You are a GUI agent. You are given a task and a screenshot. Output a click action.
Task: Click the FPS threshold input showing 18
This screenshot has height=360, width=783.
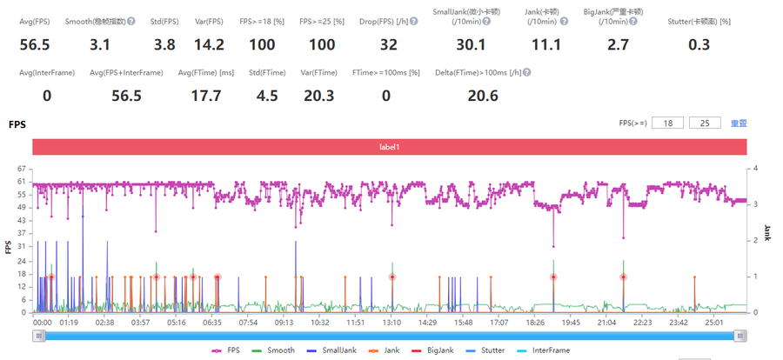668,123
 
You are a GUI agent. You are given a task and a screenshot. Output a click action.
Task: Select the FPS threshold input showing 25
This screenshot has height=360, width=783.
704,123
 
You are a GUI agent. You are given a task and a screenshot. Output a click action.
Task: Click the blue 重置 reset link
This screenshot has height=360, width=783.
738,123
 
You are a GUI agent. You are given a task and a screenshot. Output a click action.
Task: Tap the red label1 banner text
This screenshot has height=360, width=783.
390,148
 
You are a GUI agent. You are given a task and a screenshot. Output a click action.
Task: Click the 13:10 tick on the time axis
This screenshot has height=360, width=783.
391,322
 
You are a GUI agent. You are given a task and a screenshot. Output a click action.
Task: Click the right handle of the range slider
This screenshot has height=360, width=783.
739,336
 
